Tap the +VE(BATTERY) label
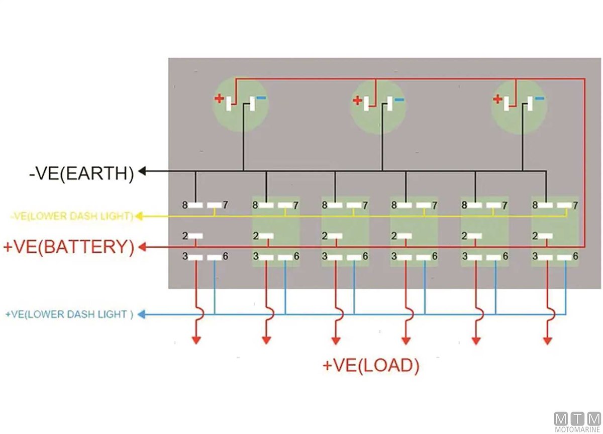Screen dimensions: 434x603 (68, 248)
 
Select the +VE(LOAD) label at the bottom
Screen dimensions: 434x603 (371, 366)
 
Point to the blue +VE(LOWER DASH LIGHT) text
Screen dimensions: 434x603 (69, 314)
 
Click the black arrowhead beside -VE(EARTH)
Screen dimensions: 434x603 (142, 171)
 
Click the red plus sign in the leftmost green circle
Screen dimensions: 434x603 (219, 98)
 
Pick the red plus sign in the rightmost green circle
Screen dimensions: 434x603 (497, 99)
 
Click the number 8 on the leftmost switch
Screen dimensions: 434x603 (185, 205)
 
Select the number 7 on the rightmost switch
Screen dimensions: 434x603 (575, 205)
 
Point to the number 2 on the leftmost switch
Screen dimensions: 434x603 (185, 236)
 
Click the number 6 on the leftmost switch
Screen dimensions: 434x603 (225, 256)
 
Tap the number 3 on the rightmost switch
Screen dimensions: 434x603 (535, 256)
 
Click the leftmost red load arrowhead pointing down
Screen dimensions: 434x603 (196, 340)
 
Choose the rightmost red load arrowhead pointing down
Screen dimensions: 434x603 (547, 340)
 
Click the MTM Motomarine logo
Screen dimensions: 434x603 (577, 421)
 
